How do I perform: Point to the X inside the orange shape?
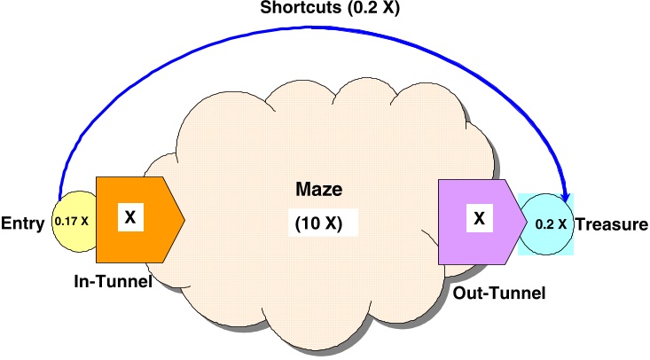(x=129, y=215)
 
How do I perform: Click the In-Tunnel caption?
(x=114, y=281)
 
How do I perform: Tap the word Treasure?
(x=611, y=224)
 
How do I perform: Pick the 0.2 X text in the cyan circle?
(x=550, y=224)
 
